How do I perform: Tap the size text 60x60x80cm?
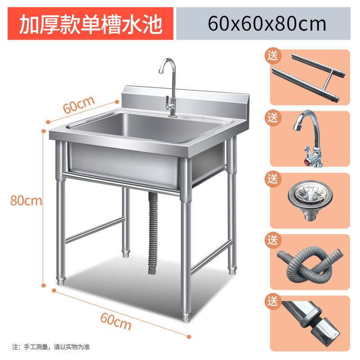coord(267,23)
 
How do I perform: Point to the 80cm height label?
coord(26,201)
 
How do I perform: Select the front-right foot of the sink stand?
coord(185,315)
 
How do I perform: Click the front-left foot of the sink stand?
coord(60,282)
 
